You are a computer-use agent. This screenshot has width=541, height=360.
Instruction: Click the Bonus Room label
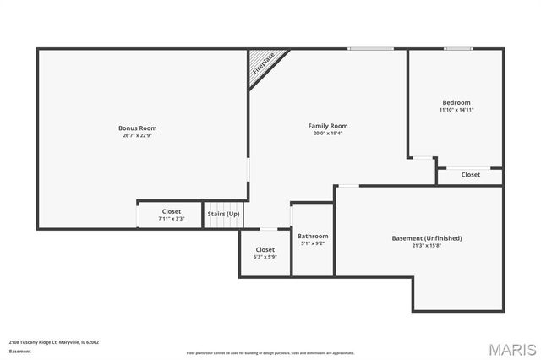[137, 128]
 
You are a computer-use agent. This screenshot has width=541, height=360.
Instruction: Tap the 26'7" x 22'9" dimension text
[137, 134]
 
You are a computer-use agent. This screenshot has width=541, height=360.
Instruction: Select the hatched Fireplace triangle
[263, 67]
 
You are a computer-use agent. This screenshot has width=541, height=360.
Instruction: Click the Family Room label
[327, 126]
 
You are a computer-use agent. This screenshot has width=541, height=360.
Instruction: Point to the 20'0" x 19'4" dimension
[327, 133]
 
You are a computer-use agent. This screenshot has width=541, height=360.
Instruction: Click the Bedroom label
[456, 102]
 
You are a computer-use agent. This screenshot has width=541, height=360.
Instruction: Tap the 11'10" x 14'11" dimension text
[456, 110]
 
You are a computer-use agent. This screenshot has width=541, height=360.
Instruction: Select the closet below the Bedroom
[470, 175]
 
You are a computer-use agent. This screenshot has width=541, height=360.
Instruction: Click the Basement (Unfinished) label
[427, 238]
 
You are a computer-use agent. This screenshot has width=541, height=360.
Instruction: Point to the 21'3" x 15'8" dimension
[427, 245]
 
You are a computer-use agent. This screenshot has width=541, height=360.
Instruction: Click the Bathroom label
[313, 236]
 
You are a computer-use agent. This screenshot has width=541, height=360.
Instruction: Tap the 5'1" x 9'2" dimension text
[313, 243]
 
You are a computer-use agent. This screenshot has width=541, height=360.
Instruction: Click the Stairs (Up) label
[223, 214]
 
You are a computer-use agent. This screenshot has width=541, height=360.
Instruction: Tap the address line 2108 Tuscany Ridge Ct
[54, 342]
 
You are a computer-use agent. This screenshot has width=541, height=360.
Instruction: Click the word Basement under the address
[19, 351]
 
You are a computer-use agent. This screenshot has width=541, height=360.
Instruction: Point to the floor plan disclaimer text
[270, 352]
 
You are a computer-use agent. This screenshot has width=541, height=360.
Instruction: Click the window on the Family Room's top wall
[369, 49]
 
